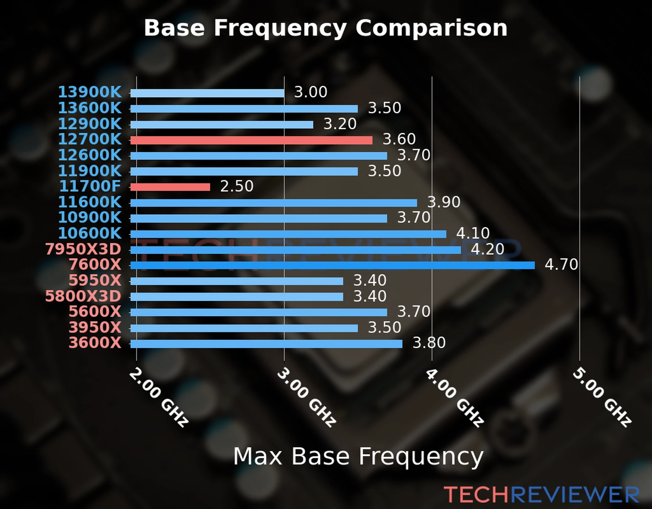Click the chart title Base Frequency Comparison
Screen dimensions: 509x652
pos(326,28)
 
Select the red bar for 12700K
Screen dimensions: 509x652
pos(251,140)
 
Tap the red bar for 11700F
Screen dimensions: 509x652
pos(170,187)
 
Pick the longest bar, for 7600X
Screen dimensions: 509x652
pos(332,266)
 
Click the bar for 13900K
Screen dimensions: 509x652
pos(207,93)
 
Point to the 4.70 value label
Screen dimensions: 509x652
pos(561,265)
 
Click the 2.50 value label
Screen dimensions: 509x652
pos(236,186)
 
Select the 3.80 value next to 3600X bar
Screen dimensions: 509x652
pos(429,343)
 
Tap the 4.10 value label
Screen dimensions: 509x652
pos(473,233)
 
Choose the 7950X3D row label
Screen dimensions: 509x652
pos(83,249)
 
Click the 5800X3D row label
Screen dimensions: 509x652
pos(83,296)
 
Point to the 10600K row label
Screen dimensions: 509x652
pos(90,233)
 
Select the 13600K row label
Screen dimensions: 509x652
pos(90,108)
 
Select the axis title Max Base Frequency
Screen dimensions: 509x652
pos(358,456)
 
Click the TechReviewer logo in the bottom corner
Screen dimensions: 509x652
pos(541,495)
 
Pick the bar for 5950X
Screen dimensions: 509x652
pos(236,281)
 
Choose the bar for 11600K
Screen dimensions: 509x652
pos(273,203)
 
